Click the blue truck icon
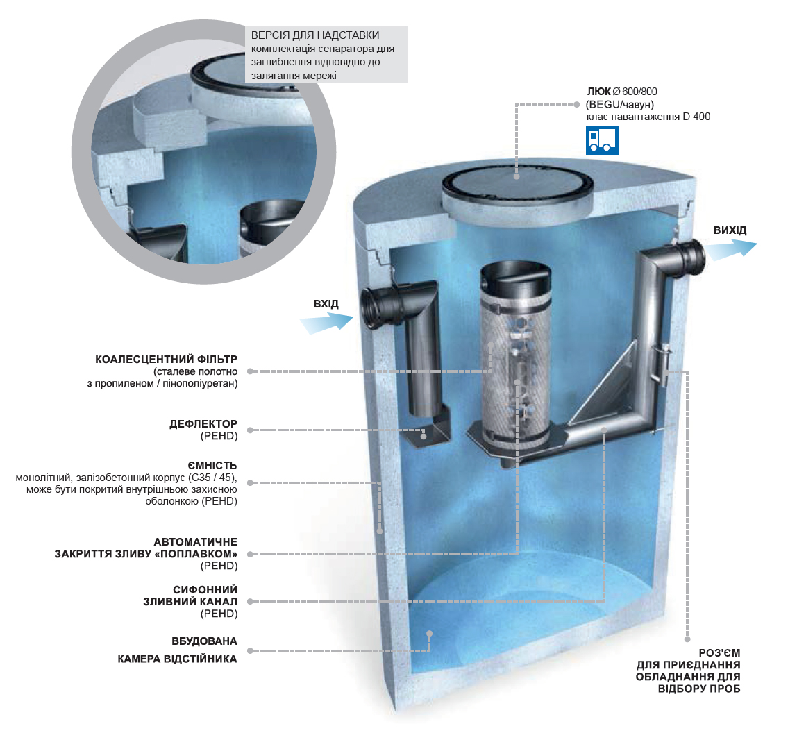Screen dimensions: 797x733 603,140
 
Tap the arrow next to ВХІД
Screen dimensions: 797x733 326,322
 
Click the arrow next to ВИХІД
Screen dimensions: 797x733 730,250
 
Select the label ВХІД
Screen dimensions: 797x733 326,303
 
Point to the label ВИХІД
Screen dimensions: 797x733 730,230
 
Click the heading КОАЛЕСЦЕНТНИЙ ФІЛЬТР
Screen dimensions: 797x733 166,360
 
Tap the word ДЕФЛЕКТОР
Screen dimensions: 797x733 203,424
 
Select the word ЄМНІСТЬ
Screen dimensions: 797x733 212,466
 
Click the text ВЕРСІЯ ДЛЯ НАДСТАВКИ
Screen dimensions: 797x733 315,35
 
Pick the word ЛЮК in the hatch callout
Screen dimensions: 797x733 598,92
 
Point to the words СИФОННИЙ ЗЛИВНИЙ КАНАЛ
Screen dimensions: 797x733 190,596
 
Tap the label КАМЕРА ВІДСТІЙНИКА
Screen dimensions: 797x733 178,659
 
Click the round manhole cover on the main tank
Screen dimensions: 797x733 517,185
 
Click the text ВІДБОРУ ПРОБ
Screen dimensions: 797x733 699,689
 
